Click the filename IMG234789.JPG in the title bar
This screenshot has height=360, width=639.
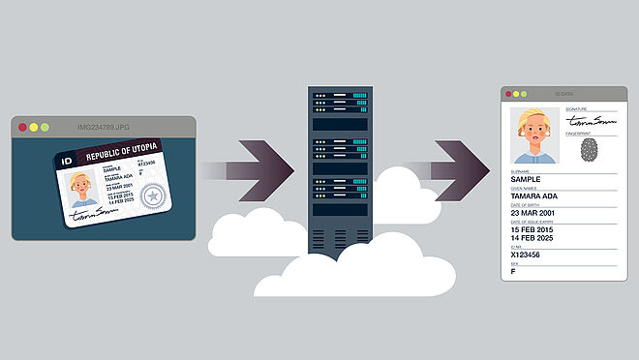click(x=104, y=127)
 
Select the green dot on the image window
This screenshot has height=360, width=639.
click(x=44, y=127)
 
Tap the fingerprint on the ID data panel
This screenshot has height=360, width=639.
click(x=588, y=150)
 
